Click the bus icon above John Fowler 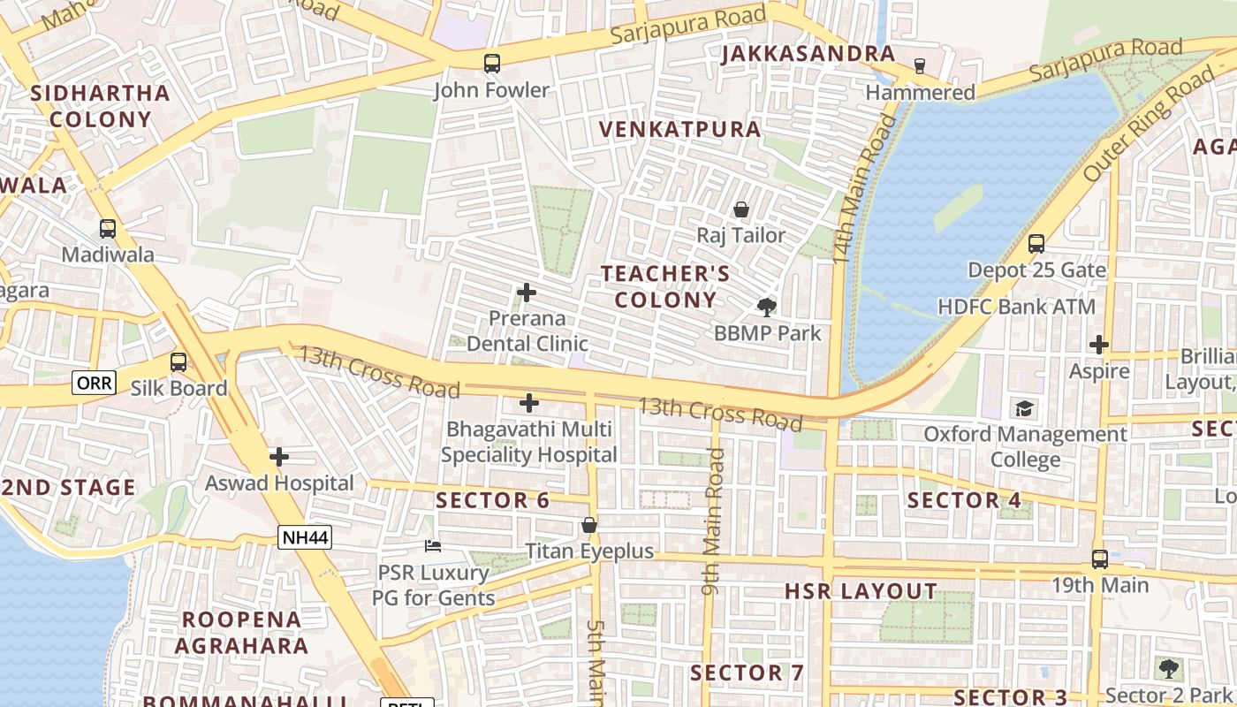492,64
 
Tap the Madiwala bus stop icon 107,229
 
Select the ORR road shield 94,383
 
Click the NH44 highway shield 305,536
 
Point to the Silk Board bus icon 178,362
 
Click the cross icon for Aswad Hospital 279,457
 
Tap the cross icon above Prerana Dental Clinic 527,292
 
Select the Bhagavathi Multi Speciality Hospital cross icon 528,403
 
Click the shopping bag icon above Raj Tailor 741,209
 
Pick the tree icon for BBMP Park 767,308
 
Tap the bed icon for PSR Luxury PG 433,546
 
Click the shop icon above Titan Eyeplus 589,526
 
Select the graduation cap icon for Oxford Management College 1024,408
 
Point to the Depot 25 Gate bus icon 1036,244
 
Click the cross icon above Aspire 1099,345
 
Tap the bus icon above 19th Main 1100,559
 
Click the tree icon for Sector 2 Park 1168,669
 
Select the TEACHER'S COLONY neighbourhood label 665,286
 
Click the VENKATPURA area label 679,129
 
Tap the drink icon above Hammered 920,66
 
